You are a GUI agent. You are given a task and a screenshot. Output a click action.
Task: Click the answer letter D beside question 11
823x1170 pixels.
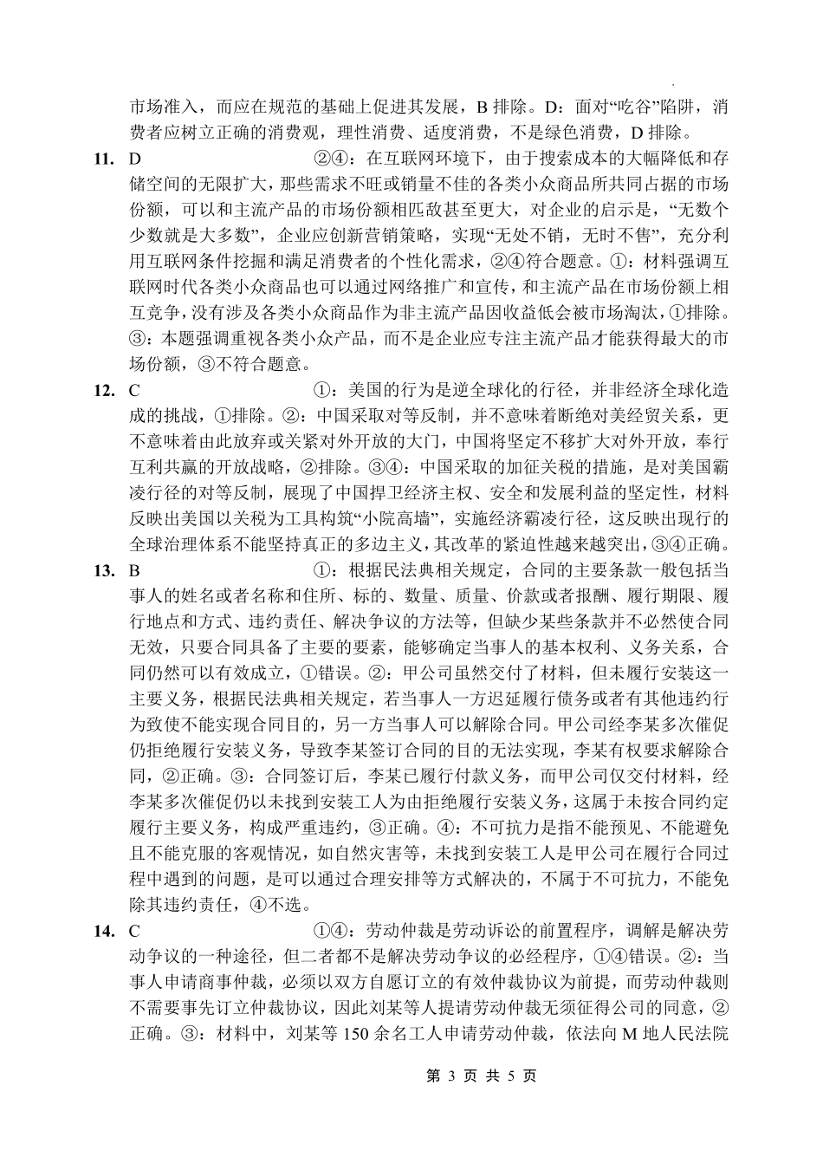click(134, 159)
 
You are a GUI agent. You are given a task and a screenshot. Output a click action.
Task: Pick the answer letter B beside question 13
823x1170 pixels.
click(134, 571)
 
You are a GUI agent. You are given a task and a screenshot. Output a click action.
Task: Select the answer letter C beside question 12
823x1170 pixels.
click(134, 391)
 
